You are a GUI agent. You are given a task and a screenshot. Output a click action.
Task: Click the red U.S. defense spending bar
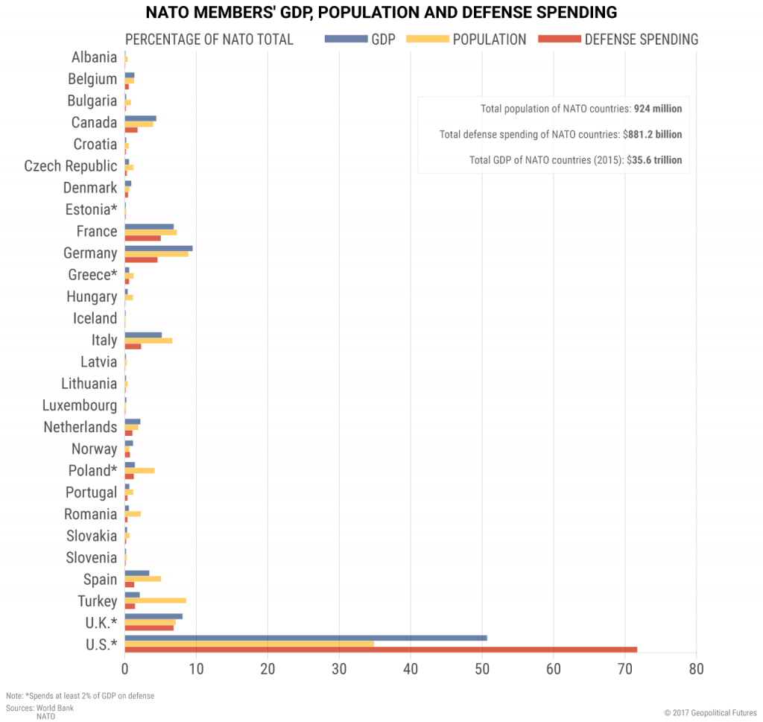(380, 650)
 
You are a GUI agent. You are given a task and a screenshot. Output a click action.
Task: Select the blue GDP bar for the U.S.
(305, 638)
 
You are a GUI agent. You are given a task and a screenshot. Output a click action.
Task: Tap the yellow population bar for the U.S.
(249, 644)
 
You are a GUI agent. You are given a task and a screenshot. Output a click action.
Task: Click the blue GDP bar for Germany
(159, 248)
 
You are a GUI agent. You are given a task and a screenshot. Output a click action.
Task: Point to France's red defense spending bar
(142, 238)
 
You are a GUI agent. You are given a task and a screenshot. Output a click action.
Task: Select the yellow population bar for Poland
(139, 470)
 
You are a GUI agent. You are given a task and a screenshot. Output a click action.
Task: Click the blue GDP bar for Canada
(140, 118)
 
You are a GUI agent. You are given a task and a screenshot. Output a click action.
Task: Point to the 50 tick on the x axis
(482, 668)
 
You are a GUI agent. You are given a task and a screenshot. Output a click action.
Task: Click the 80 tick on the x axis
(696, 668)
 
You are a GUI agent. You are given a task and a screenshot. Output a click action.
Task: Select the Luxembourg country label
(80, 406)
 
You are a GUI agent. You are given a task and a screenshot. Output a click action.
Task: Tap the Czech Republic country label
(71, 166)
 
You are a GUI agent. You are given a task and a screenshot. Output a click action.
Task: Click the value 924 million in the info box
(657, 109)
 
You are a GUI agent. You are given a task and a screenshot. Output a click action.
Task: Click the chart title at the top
(381, 13)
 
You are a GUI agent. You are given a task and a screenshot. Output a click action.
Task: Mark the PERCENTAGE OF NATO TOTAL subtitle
(209, 39)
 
